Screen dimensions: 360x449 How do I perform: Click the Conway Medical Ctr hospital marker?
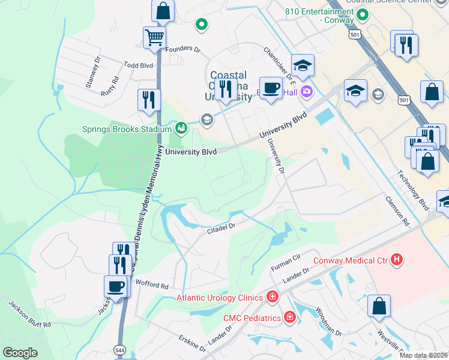point(396,260)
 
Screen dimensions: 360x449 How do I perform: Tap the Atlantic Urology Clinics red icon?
point(272,297)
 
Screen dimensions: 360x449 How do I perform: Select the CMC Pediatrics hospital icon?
point(289,316)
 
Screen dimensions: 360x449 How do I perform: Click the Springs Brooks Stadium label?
point(127,128)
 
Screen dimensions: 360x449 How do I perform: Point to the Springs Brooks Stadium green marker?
point(180,128)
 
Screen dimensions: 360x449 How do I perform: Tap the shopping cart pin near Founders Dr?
point(154,38)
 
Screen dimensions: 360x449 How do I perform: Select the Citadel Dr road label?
point(220,227)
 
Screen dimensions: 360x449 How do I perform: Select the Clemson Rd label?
point(397,211)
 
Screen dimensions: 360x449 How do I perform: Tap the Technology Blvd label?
point(412,185)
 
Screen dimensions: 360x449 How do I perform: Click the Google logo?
point(20,353)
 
